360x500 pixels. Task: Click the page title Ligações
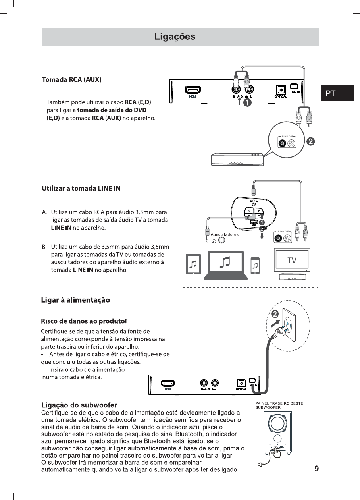175,37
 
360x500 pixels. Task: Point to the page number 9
316,469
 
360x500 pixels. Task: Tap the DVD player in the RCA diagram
237,160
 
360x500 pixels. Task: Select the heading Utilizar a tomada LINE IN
81,188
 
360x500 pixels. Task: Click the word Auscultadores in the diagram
224,234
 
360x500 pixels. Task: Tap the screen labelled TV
292,260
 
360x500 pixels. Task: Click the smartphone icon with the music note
256,265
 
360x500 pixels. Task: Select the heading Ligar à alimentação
75,300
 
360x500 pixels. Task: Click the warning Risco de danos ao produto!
84,320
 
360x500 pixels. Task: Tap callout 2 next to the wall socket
275,314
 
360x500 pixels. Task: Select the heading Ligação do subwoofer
79,405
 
